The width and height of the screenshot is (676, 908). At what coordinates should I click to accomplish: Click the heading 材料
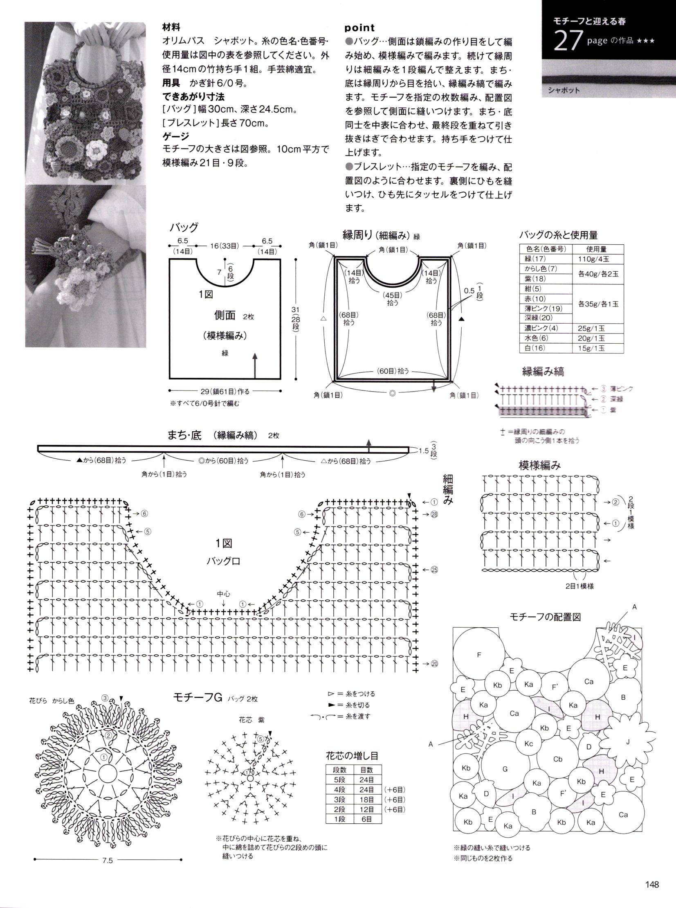[x=171, y=27]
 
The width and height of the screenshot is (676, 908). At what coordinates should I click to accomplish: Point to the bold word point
[x=359, y=27]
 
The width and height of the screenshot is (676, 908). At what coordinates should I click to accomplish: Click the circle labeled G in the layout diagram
[x=505, y=769]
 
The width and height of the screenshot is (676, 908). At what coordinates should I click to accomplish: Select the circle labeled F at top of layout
[x=479, y=655]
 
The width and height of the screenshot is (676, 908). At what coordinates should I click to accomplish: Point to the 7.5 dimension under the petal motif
[x=107, y=860]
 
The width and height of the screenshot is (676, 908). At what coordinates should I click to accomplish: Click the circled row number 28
[x=434, y=515]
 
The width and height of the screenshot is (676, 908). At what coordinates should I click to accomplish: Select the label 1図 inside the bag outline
[x=205, y=294]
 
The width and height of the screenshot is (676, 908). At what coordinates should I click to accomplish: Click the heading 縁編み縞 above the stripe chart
[x=543, y=371]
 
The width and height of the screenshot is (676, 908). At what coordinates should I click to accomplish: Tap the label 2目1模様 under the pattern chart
[x=579, y=586]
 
